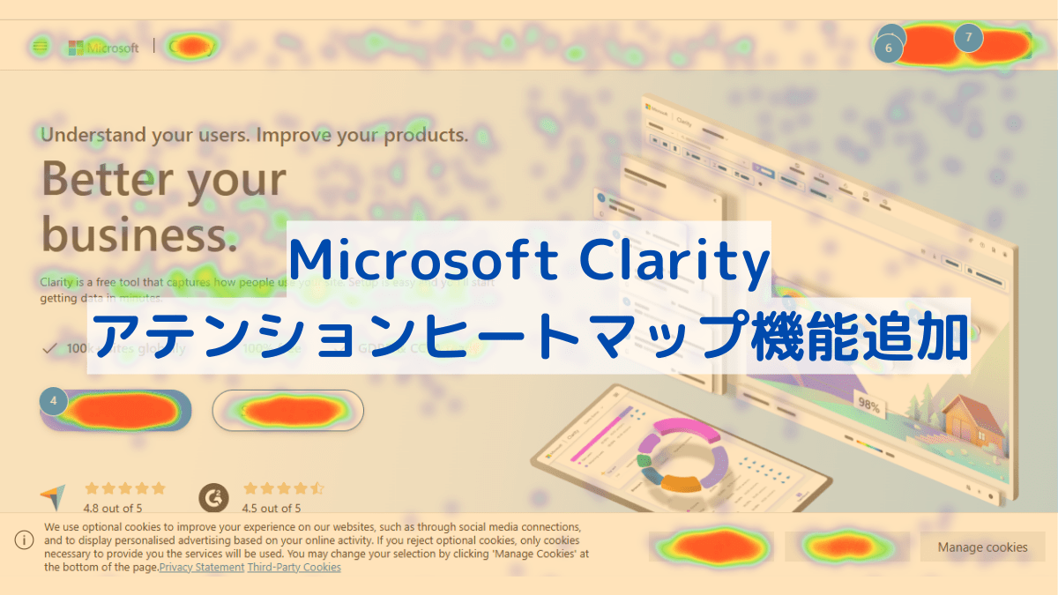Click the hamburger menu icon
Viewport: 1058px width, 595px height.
coord(40,47)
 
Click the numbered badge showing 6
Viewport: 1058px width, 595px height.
coord(889,48)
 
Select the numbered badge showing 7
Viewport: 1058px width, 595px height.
coord(968,37)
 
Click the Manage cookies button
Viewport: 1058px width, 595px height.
coord(982,547)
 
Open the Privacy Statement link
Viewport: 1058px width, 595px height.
coord(201,568)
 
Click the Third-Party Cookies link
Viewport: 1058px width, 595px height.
coord(294,568)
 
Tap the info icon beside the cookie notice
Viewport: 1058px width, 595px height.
coord(24,540)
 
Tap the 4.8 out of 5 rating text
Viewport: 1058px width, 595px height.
coord(112,508)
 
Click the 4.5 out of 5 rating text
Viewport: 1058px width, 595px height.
coord(272,508)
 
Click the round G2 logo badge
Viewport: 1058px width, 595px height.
coord(212,498)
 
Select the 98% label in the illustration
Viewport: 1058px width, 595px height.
coord(868,407)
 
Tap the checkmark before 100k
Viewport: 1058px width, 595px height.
coord(49,348)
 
